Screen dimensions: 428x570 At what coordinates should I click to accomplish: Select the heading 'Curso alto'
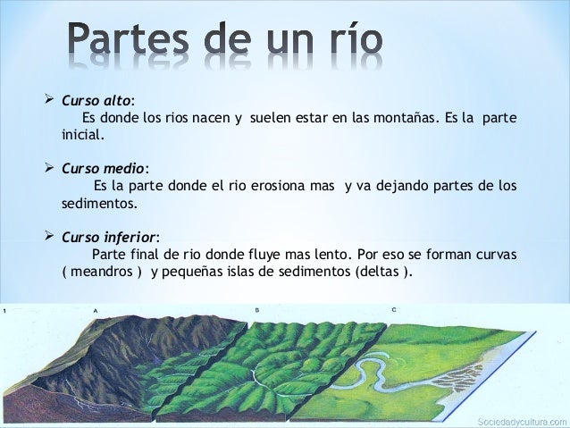(x=96, y=100)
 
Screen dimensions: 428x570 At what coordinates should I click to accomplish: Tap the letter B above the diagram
(x=256, y=309)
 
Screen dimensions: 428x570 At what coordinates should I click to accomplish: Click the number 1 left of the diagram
(x=5, y=310)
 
